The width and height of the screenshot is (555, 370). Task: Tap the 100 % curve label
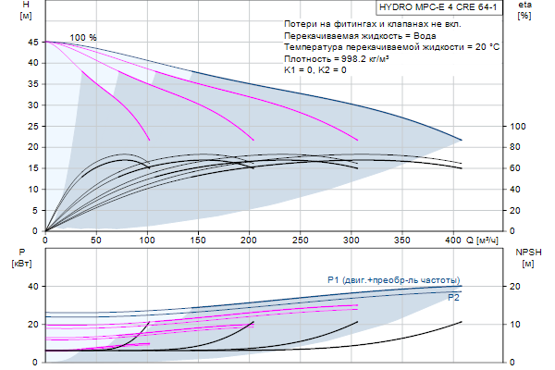pyautogui.click(x=83, y=37)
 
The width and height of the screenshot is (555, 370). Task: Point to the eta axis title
pyautogui.click(x=524, y=10)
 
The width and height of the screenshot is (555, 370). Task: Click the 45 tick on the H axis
pyautogui.click(x=32, y=43)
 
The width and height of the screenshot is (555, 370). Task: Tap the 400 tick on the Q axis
pyautogui.click(x=451, y=240)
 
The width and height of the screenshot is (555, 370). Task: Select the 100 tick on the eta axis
pyautogui.click(x=518, y=127)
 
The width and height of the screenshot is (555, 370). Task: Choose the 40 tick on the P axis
pyautogui.click(x=32, y=287)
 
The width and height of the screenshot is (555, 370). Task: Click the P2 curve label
pyautogui.click(x=453, y=298)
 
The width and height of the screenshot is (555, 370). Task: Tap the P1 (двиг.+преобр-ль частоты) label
pyautogui.click(x=393, y=279)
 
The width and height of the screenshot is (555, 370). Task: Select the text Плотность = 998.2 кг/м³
pyautogui.click(x=341, y=57)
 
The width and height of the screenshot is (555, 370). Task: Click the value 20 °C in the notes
pyautogui.click(x=481, y=46)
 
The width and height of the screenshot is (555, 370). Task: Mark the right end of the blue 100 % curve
pyautogui.click(x=461, y=141)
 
